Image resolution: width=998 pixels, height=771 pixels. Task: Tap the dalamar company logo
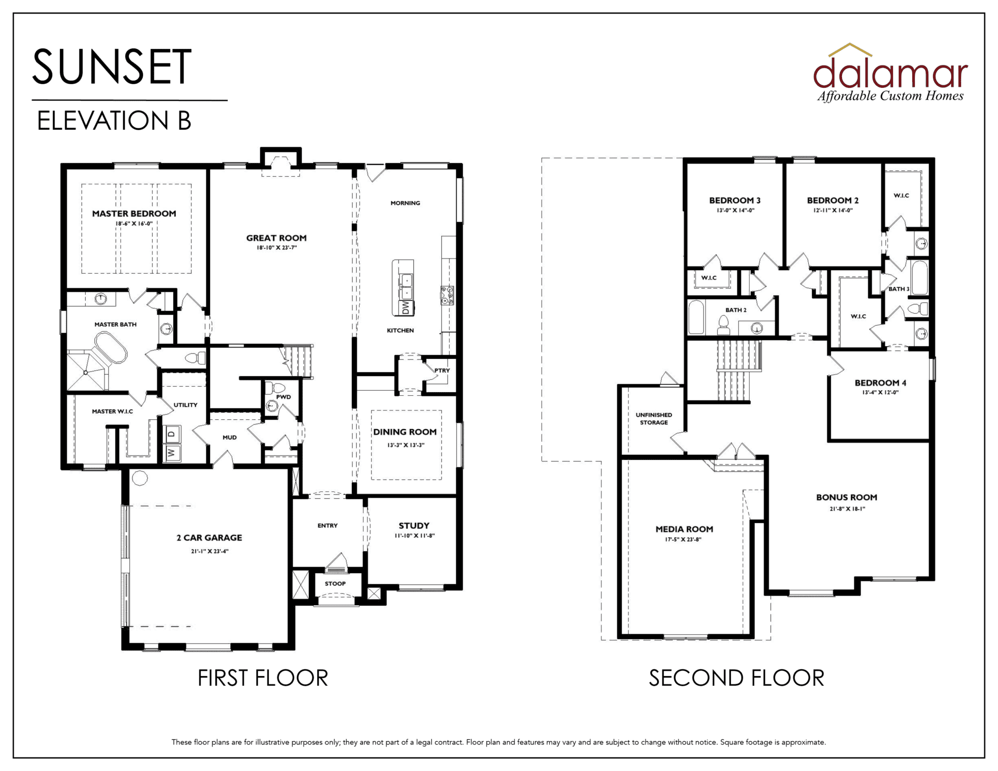pos(890,73)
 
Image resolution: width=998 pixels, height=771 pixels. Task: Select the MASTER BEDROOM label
pos(134,214)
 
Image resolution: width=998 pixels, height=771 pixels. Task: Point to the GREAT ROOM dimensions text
pos(277,248)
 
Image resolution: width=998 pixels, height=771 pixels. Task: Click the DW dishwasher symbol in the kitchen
pos(406,308)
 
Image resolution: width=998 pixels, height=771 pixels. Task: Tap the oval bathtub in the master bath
pos(110,348)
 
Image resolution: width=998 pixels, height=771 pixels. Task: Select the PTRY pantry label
pos(442,370)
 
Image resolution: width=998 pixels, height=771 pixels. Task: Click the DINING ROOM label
pos(405,432)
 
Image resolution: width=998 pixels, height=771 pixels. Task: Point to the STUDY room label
pos(414,526)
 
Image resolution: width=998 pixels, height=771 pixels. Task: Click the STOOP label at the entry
pos(335,583)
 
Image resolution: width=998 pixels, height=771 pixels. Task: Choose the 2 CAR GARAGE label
pos(209,538)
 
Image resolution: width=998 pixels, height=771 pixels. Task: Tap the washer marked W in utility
pos(173,453)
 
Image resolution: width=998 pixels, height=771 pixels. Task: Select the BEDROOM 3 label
pos(735,201)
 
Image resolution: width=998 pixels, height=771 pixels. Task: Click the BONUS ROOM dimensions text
pos(847,509)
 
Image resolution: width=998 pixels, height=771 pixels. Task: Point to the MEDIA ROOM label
pos(684,529)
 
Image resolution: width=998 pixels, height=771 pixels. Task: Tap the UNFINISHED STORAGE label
pos(654,419)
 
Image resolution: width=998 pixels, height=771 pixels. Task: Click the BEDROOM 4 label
pos(881,383)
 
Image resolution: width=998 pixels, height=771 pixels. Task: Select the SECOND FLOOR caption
pos(737,678)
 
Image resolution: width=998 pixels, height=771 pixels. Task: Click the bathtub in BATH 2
pos(697,317)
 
